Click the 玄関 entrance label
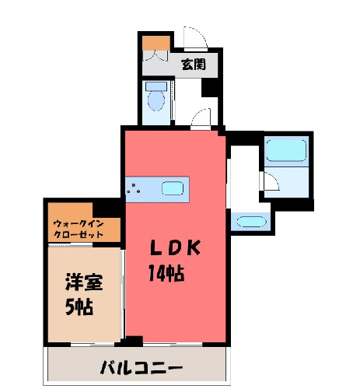point(194,65)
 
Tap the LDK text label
point(176,247)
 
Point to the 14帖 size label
point(166,273)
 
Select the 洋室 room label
point(84,282)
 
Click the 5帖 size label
point(79,307)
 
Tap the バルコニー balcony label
point(142,367)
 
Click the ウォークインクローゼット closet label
point(79,229)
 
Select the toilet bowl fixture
point(156,101)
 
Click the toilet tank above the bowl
point(156,86)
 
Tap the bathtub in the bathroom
point(286,151)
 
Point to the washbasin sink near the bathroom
point(251,222)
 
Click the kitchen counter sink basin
point(173,188)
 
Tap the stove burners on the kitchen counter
point(134,188)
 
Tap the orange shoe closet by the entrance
point(156,43)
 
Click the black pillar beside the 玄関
point(210,88)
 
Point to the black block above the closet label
point(107,209)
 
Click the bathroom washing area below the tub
point(287,182)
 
